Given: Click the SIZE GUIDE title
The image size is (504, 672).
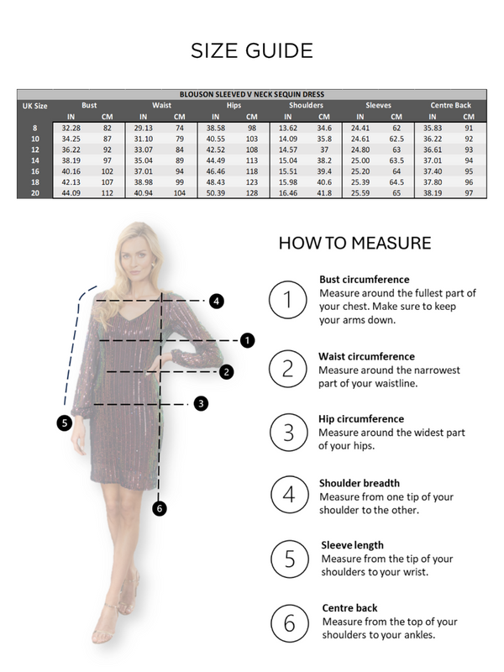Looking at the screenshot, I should [252, 50].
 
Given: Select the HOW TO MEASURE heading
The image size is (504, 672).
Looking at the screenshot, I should [354, 244].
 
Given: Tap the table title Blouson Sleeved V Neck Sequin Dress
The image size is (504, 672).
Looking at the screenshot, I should [251, 94].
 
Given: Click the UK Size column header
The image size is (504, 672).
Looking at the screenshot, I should [34, 106].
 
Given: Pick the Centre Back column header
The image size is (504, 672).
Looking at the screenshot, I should [450, 105].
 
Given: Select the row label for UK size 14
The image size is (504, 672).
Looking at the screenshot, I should [34, 160].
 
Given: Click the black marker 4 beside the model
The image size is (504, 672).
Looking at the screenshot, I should [216, 300].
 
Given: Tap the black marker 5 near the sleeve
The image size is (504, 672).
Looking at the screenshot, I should [65, 423].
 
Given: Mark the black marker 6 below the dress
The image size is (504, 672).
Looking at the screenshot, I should [160, 507].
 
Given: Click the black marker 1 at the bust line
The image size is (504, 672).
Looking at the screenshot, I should [247, 340].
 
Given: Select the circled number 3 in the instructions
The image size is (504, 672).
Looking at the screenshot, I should [288, 432].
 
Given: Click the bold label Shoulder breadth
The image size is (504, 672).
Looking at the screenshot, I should [359, 483].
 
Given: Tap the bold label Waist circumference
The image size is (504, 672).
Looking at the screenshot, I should [366, 356].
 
